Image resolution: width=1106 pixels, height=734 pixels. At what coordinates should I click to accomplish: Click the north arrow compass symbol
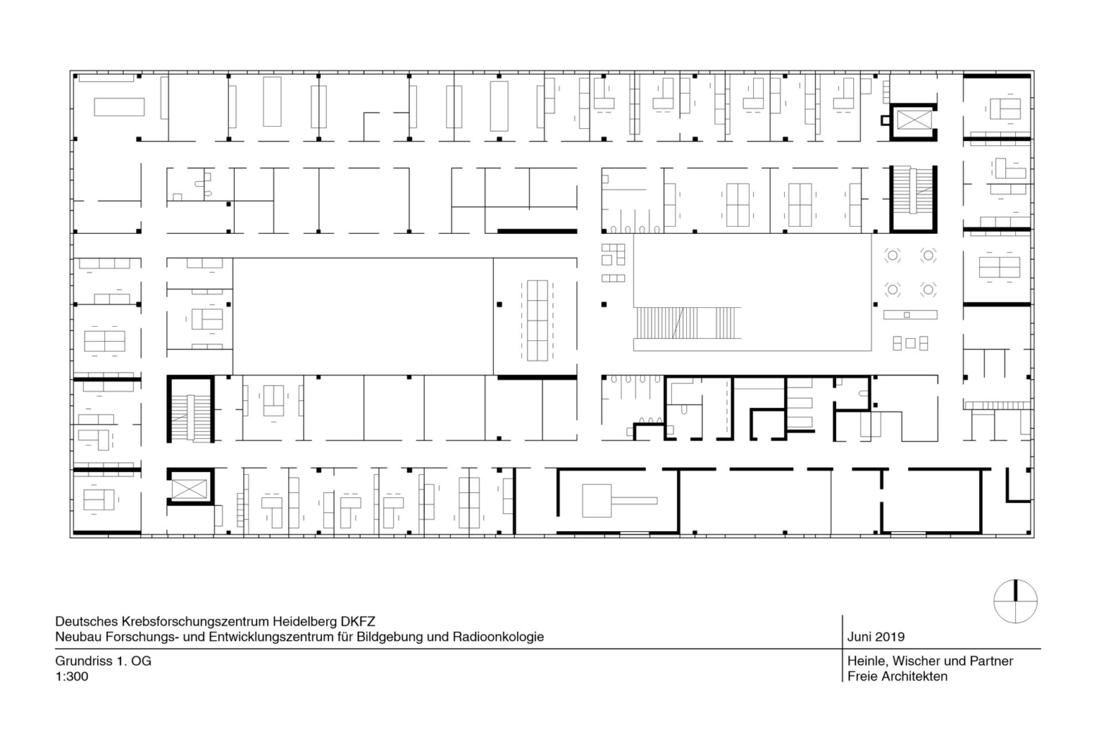point(1015,601)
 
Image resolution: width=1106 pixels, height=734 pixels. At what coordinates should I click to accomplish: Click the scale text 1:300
point(71,676)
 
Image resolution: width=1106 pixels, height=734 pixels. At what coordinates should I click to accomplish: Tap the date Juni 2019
point(876,637)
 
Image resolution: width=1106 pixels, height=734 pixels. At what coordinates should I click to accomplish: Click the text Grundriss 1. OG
point(103,661)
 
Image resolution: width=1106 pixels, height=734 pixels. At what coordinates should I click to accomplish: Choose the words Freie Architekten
point(897,676)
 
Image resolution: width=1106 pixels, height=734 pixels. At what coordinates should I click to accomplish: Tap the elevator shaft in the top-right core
point(914,120)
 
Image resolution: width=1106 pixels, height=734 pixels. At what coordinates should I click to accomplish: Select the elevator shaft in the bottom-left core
point(189,489)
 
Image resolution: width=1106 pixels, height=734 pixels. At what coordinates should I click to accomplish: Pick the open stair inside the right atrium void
point(688,323)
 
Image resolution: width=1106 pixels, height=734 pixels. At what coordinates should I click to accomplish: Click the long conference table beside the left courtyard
point(537,320)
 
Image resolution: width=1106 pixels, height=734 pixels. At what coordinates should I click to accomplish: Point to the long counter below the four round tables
point(910,314)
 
